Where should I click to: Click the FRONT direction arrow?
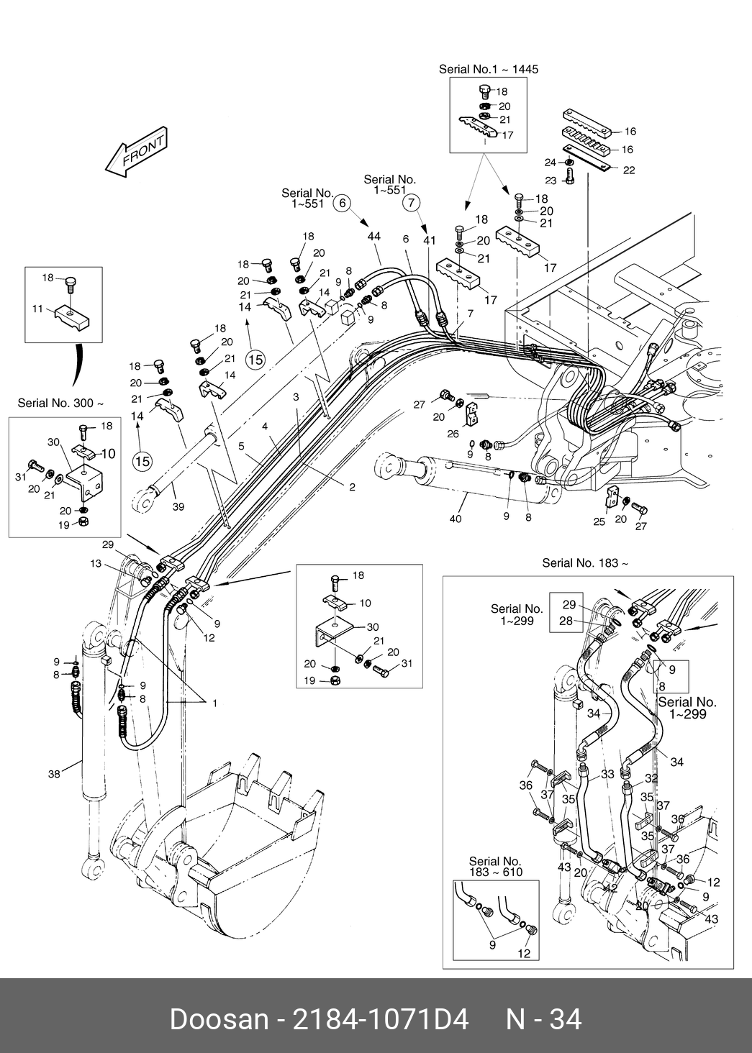[x=137, y=152]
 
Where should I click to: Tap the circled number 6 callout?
[x=343, y=203]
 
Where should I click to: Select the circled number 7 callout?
[x=411, y=202]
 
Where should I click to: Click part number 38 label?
[x=54, y=774]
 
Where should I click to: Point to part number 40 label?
[x=455, y=518]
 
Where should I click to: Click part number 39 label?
[x=178, y=506]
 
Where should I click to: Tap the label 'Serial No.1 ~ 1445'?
[x=489, y=70]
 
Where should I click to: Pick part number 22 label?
[x=629, y=170]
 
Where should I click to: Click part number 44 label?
[x=373, y=237]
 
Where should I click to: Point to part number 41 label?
[x=430, y=240]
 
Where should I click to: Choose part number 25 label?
[x=599, y=521]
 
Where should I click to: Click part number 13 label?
[x=96, y=565]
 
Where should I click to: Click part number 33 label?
[x=607, y=774]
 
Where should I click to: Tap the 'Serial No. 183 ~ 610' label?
[x=495, y=867]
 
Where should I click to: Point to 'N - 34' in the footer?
[x=544, y=1019]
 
